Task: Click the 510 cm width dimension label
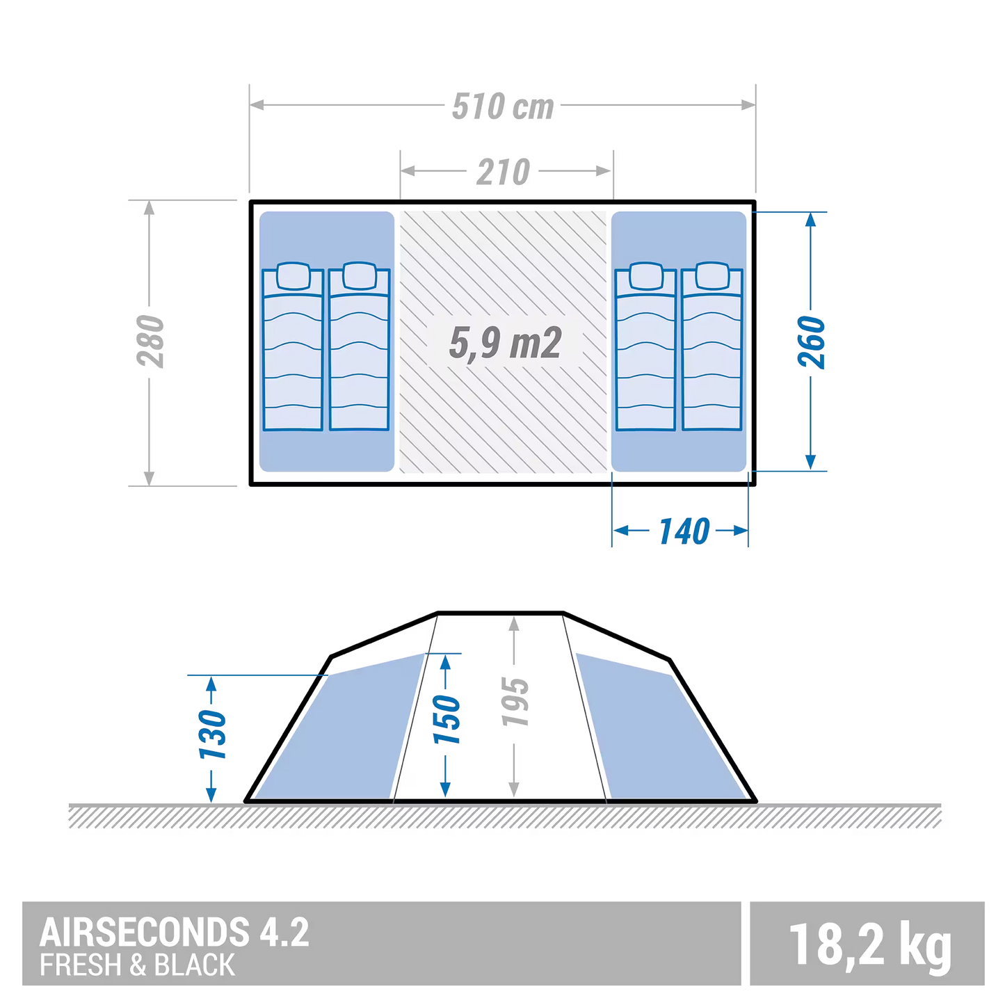pos(502,106)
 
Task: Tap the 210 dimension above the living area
pos(503,172)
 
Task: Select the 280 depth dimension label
pos(151,341)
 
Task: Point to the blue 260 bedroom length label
pos(811,342)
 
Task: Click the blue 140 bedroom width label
pos(684,531)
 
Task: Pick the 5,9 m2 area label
pos(505,343)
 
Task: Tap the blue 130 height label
pos(212,734)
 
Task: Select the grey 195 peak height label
pos(515,702)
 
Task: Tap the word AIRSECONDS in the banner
pos(145,932)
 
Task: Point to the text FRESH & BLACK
pos(137,965)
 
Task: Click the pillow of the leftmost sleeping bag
pos(293,276)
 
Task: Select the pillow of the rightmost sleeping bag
pos(712,276)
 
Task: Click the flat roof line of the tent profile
pos(500,613)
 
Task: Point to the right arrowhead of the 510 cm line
pos(748,105)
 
